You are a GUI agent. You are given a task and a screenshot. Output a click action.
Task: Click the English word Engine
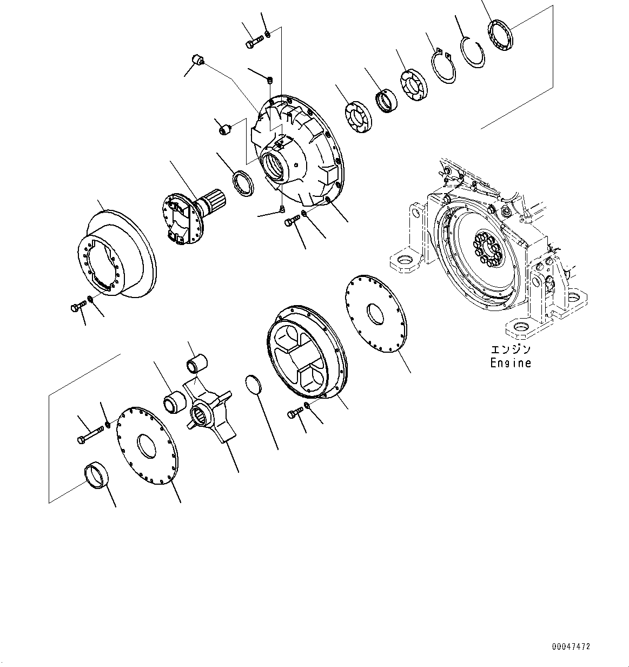[x=510, y=363]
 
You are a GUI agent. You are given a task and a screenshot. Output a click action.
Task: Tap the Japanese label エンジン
[x=510, y=350]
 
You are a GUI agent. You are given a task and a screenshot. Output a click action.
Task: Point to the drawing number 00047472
[x=571, y=646]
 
